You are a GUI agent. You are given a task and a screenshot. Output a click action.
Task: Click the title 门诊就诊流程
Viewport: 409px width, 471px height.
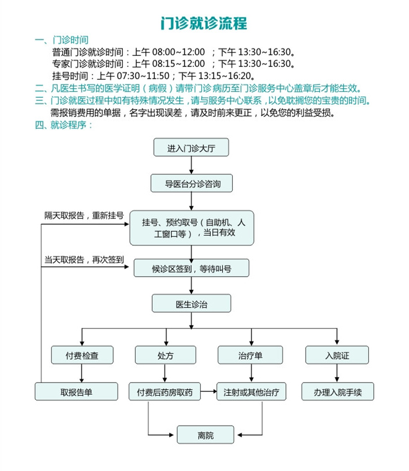[x=204, y=23]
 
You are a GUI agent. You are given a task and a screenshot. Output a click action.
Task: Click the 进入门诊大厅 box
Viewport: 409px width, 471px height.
[x=191, y=148]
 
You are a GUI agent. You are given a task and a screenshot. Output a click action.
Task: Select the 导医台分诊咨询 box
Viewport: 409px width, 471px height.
[x=191, y=183]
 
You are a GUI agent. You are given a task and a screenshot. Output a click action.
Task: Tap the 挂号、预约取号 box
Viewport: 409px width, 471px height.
[x=191, y=228]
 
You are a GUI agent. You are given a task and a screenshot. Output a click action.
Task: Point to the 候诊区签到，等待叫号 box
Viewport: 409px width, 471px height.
[x=191, y=268]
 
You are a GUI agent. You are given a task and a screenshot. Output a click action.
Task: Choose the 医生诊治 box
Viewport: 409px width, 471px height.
[x=191, y=303]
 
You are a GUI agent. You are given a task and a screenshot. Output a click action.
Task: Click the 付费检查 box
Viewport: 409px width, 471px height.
[x=81, y=355]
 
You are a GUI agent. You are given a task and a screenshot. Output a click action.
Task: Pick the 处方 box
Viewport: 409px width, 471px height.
[x=165, y=355]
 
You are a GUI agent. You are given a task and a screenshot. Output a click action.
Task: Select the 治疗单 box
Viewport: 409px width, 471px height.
[x=250, y=355]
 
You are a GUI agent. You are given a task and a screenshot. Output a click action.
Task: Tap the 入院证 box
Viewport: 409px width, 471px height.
[x=337, y=355]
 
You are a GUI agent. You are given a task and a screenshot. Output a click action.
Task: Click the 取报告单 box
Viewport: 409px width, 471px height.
[x=77, y=392]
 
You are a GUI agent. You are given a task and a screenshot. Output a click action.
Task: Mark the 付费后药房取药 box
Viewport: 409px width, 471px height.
[x=164, y=392]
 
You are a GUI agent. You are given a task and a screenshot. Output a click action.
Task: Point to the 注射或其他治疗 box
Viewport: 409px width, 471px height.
[x=251, y=392]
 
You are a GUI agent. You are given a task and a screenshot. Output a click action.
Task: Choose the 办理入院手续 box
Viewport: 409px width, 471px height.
[x=337, y=392]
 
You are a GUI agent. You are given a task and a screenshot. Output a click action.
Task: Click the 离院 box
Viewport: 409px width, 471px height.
[x=205, y=434]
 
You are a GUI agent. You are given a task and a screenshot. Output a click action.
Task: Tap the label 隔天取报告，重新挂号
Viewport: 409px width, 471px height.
[x=84, y=215]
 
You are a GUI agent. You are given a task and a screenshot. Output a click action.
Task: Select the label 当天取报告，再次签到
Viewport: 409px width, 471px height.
[x=84, y=260]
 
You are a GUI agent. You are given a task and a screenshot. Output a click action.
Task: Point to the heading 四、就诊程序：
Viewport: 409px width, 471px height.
[x=64, y=125]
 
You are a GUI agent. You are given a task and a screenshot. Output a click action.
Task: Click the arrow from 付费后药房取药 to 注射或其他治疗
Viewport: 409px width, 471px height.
[x=208, y=392]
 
